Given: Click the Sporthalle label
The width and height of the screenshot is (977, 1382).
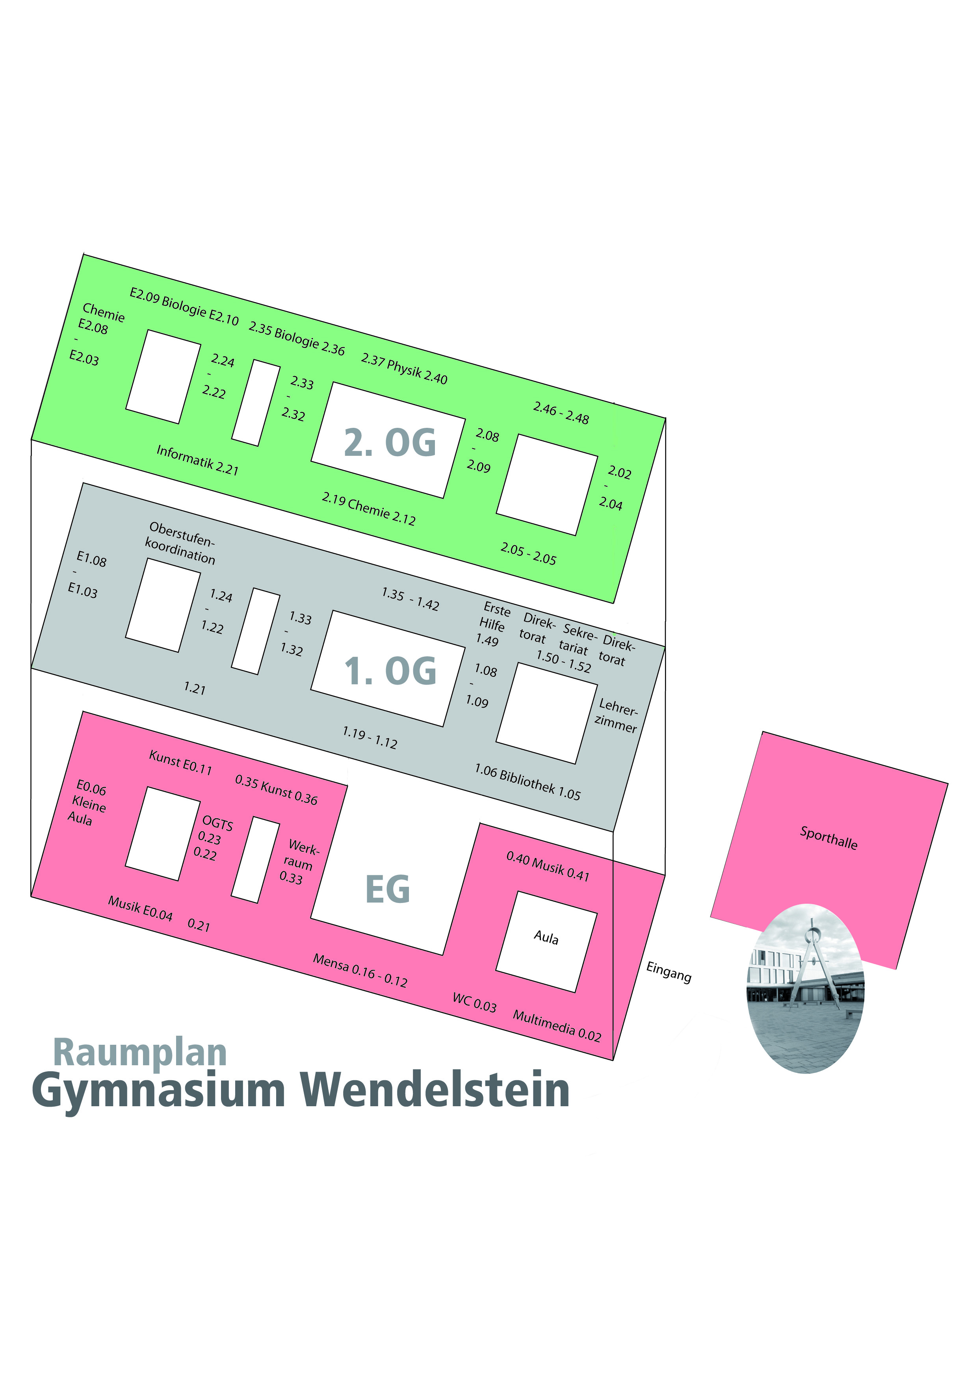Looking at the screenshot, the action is coord(828,837).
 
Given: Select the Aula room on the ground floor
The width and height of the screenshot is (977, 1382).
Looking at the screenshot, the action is coord(546,937).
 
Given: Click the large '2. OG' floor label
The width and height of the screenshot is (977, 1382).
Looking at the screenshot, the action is coord(390,442).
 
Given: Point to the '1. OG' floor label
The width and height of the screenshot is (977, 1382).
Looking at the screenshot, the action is coord(390,671).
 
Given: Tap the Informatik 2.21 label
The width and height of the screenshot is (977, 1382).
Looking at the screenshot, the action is coord(197,460).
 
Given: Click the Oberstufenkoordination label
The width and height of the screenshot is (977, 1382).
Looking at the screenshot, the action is coord(180,543).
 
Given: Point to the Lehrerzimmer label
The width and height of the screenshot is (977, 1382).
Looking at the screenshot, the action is coord(616,715).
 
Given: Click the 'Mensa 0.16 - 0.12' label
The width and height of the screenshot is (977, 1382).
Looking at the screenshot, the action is coord(360,970).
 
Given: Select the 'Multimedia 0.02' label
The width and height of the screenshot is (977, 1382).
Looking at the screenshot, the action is coord(557,1025).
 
